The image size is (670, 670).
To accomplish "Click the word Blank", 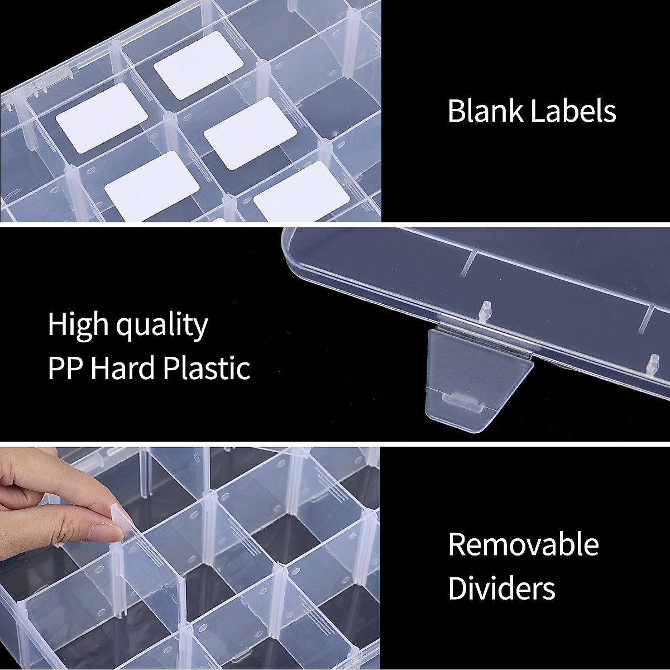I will click(485, 111).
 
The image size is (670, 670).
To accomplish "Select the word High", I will click(80, 325).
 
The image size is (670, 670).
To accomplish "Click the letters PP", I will click(65, 368).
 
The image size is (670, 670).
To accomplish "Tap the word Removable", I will click(523, 544).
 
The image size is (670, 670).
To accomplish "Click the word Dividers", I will click(501, 588).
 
